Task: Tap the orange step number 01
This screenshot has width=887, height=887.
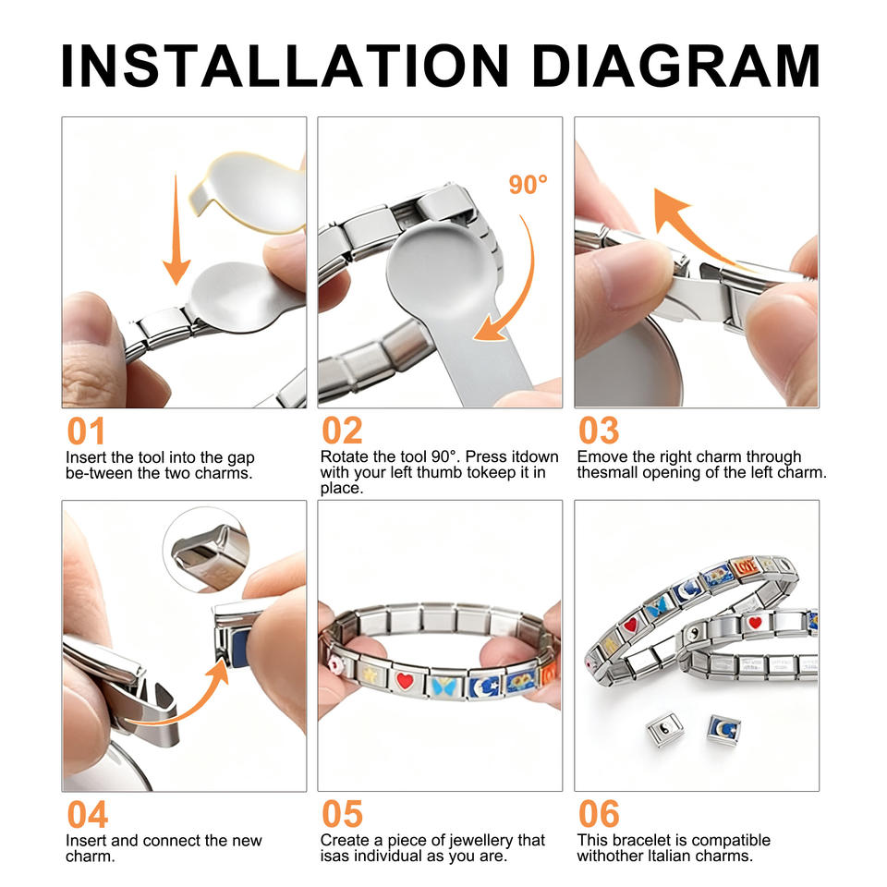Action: pos(86,431)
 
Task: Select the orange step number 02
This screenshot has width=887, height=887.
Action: pos(342,431)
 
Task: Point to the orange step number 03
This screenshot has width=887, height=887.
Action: pos(599,431)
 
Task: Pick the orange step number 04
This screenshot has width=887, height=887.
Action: pos(87,815)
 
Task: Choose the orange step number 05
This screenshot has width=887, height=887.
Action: pos(342,815)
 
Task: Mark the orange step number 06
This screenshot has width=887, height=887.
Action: pos(599,815)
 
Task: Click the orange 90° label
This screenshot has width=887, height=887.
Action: pos(528,185)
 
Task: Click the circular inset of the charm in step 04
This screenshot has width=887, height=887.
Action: pos(206,550)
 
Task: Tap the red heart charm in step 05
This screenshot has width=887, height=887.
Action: pos(405,681)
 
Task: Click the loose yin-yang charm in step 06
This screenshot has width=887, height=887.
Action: pos(664,730)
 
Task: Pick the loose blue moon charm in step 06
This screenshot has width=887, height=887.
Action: pos(723,730)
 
